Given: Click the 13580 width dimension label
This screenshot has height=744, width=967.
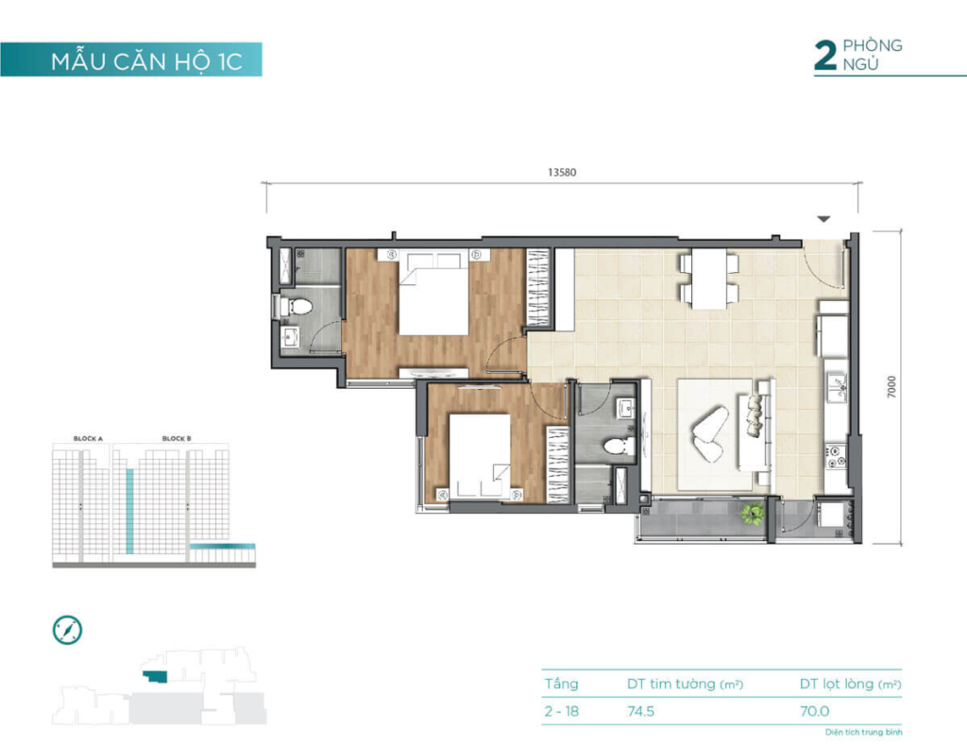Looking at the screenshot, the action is coord(562,173).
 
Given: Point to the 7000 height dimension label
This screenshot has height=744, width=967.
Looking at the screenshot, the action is coord(891,386).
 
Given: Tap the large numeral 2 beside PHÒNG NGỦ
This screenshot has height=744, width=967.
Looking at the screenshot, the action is coord(825,56).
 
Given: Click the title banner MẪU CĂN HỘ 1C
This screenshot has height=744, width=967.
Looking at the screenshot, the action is coord(146,61).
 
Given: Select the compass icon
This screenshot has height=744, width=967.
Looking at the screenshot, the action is coord(67,630).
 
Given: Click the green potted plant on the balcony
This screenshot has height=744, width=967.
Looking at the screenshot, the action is coord(753,514).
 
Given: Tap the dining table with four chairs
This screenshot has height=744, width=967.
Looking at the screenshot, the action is coord(709,279).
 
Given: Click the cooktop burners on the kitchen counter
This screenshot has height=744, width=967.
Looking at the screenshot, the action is coord(836,455).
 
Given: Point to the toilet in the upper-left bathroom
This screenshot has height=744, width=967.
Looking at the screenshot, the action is coord(296,305).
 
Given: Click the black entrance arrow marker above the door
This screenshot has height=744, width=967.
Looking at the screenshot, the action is coord(823,219).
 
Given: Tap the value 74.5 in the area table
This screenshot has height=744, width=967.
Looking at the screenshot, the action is coord(641,711).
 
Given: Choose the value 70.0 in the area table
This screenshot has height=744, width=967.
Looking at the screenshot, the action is coord(815,711).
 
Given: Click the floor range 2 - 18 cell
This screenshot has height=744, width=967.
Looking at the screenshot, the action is coord(561,711).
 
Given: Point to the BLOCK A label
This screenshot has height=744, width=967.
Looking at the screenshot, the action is coord(88,439).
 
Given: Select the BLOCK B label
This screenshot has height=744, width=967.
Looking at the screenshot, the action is coord(177,439).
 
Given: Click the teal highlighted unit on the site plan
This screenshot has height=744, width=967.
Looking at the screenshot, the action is coord(155,677).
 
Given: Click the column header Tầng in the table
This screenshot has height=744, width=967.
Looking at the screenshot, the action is coord(561,684).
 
